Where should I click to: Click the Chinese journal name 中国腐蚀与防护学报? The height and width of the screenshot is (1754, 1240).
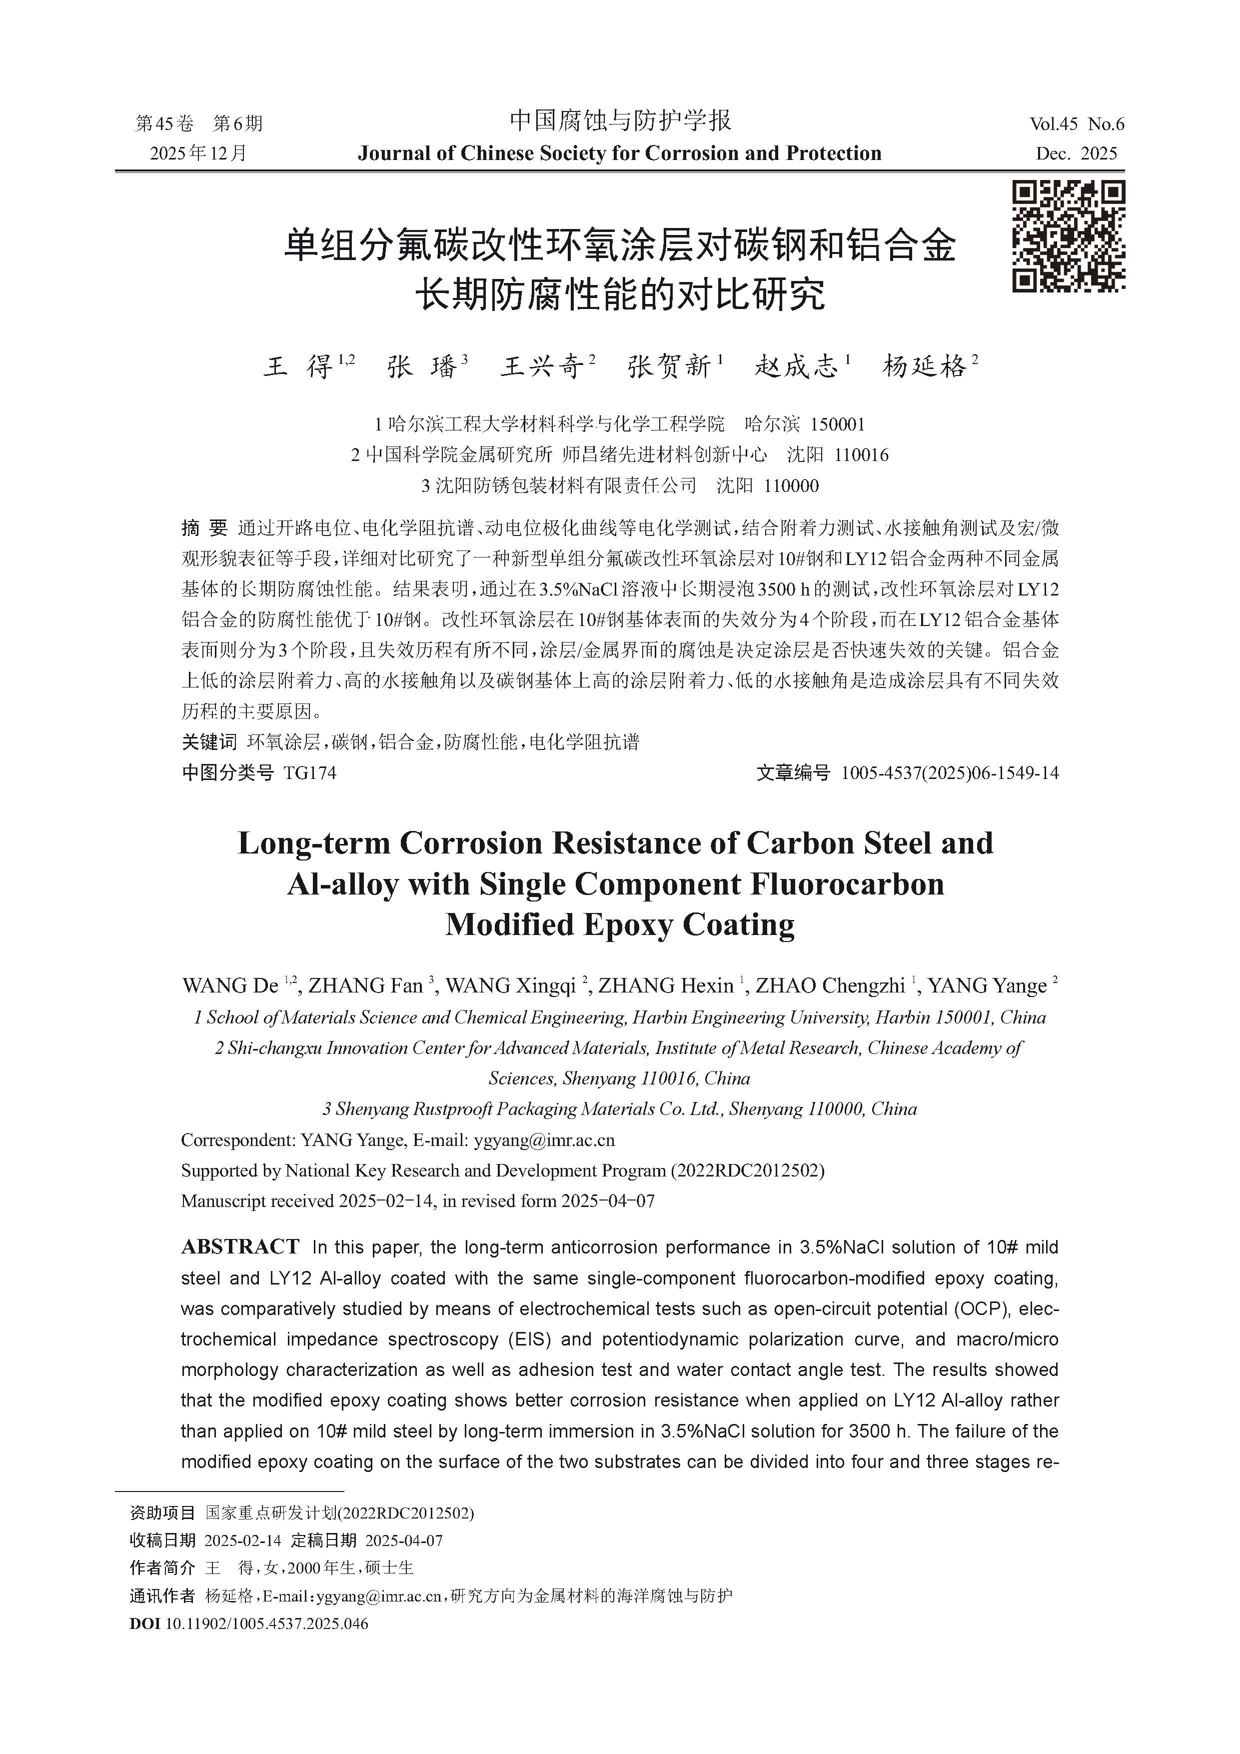[x=620, y=120]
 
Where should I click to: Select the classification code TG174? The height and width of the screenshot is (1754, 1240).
[x=309, y=773]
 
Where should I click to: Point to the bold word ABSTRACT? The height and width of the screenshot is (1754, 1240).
[x=240, y=1246]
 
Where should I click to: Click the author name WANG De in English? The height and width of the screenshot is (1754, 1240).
[x=230, y=986]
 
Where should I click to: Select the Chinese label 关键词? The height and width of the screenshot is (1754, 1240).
[x=208, y=742]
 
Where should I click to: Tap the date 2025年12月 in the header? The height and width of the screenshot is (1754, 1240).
[x=198, y=153]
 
